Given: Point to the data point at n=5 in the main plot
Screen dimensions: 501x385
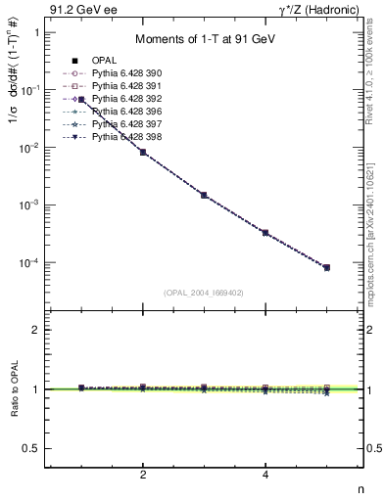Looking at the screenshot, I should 326,267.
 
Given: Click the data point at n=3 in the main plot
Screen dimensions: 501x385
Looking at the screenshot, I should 204,195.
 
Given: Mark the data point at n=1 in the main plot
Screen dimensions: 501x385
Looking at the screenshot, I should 81,100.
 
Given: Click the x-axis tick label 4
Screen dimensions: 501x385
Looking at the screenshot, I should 265,475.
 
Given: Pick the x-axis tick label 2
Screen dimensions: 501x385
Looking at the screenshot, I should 143,475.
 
